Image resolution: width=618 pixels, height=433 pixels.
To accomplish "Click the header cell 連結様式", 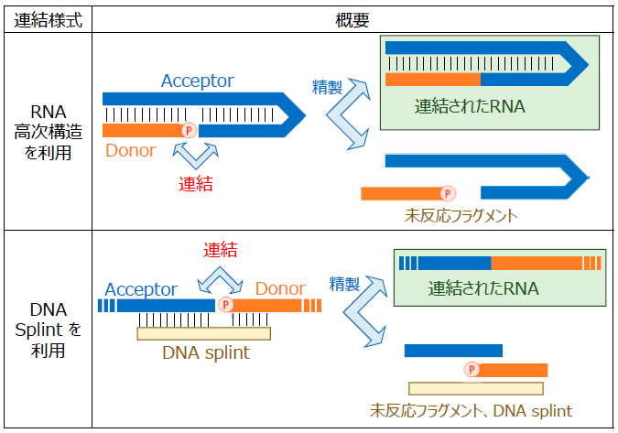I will pos(47,19).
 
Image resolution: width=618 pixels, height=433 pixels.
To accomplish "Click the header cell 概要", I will pos(353,19).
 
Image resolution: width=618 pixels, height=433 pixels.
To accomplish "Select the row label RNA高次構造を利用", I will pos(47,132).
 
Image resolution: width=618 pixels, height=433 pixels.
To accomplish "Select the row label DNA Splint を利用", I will pos(47,330).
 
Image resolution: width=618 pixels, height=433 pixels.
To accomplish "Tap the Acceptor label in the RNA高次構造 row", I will pos(197,81).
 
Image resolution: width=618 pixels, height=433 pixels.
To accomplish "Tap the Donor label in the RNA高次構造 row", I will pos(131,150).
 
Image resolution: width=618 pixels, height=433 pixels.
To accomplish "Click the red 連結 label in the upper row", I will pos(195,184).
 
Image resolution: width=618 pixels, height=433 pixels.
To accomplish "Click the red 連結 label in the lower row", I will pos(220,249).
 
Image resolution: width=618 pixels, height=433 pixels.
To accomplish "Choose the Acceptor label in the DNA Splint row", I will pos(141,289).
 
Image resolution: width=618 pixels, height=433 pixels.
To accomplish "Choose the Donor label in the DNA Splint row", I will pos(280,288).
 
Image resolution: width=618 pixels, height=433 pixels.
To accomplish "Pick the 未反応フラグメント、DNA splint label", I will pos(472,410).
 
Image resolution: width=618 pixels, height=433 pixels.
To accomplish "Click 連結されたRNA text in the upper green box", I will pos(469,106).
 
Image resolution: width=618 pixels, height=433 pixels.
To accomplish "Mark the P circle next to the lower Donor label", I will pos(226,306).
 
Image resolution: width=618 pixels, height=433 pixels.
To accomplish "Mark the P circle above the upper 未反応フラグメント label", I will pos(447,193).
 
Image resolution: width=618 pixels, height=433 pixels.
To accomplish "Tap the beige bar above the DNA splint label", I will pos(203,333).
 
